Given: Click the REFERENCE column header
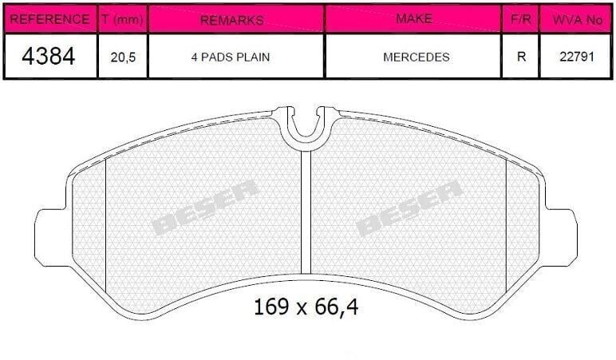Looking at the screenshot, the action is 49,19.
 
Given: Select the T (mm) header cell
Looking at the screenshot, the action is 122,19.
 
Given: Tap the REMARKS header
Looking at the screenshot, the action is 232,20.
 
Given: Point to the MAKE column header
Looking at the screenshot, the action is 414,18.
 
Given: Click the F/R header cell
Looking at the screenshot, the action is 521,19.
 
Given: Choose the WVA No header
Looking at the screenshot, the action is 578,20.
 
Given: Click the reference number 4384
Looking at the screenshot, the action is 49,56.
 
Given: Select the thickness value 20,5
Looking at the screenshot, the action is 123,57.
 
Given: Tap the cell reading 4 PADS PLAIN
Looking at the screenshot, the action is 231,57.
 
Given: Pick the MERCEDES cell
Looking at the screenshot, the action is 417,57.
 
